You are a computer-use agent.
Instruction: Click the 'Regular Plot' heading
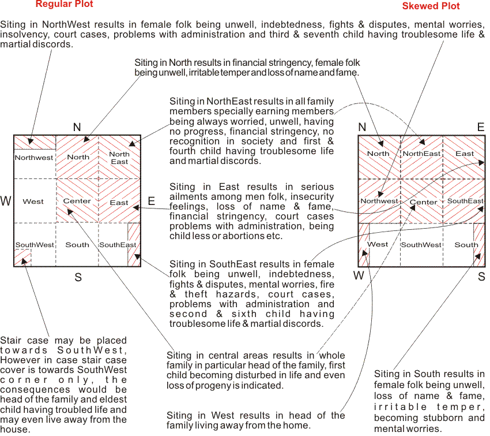[65, 4]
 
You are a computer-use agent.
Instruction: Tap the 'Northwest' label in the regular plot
[34, 158]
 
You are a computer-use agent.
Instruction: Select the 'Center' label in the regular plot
[77, 201]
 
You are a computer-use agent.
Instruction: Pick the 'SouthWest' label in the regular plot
[35, 245]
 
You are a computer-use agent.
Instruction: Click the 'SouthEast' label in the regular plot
[118, 245]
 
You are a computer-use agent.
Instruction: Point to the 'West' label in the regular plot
[33, 202]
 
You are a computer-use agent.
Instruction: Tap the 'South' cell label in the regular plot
[77, 245]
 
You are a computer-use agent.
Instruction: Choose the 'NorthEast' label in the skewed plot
[421, 154]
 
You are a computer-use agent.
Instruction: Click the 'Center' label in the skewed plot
[423, 202]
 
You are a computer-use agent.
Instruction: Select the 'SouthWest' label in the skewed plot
[421, 245]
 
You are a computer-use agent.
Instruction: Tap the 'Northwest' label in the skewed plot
[379, 201]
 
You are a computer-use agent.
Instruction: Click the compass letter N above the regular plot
[77, 127]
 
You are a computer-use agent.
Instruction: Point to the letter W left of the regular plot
[6, 202]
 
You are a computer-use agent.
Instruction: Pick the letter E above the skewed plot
[481, 128]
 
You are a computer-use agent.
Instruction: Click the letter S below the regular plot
[78, 278]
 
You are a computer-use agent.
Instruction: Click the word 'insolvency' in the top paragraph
[22, 35]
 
